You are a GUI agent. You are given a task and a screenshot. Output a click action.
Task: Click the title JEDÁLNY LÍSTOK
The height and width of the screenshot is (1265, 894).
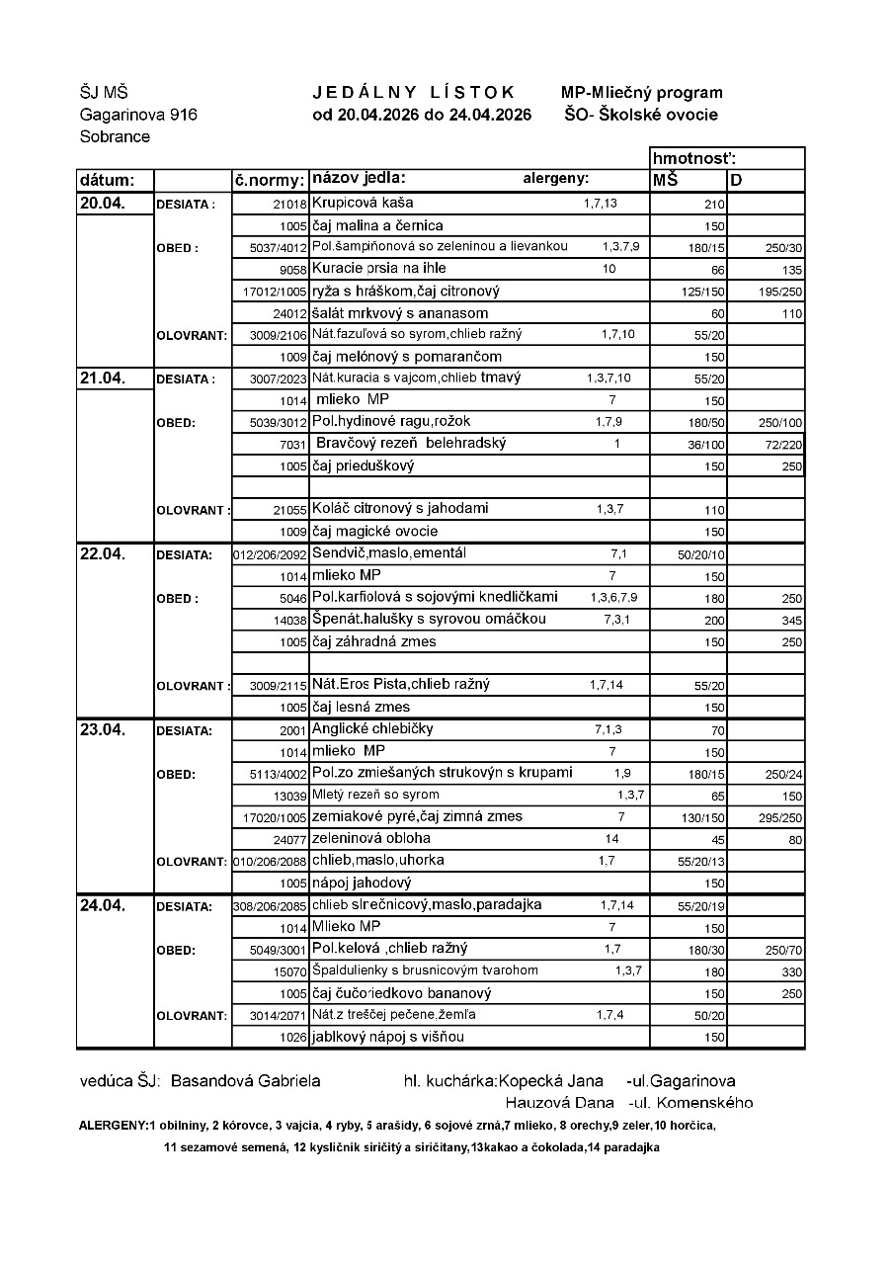click(414, 92)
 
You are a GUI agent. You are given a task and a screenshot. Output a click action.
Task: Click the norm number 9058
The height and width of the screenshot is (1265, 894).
click(294, 269)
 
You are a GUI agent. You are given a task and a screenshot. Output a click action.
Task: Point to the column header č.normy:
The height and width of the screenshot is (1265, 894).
click(268, 180)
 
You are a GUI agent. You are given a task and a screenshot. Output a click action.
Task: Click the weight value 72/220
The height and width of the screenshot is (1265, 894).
click(784, 445)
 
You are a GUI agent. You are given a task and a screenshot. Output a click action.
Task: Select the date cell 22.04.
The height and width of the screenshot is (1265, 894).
click(103, 553)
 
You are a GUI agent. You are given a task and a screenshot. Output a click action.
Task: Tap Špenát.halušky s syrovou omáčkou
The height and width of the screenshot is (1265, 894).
click(429, 620)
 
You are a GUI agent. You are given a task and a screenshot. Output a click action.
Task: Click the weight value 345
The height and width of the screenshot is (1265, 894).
click(791, 621)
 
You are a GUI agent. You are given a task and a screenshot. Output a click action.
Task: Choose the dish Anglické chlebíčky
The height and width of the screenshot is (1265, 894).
click(372, 729)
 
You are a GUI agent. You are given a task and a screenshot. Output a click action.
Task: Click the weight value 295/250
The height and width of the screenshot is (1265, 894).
click(779, 818)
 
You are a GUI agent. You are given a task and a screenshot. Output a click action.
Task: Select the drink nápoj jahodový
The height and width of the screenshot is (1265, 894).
click(361, 883)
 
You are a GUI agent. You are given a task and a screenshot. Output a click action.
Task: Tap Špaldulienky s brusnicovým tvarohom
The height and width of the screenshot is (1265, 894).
click(425, 971)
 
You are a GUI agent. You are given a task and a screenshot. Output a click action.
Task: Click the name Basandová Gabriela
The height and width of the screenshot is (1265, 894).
click(245, 1080)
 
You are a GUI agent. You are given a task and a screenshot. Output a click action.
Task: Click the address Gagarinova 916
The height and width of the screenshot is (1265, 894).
click(138, 115)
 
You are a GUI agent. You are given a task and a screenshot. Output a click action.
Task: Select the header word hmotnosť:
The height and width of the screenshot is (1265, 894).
click(694, 158)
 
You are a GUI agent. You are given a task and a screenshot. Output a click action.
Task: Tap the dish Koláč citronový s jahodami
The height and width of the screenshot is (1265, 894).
click(400, 509)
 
